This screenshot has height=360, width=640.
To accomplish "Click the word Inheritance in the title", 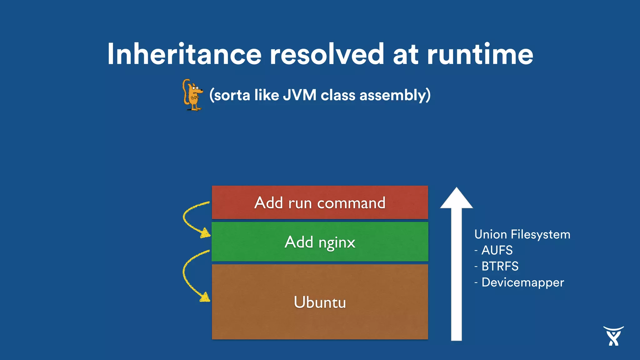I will coord(184,54).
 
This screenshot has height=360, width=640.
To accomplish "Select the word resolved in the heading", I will coord(327,54).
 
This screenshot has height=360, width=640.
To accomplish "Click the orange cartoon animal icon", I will coord(192,95).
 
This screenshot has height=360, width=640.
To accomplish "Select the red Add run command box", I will coord(320,202).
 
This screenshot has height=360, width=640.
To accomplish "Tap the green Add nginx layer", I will coord(320,242).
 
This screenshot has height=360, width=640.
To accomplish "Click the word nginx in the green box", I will coord(337,243).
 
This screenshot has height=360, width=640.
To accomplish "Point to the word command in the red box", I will coord(351,203).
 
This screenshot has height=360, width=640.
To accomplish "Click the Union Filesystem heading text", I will coord(522,234).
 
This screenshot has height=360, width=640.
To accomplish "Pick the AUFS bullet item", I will coord(497,250).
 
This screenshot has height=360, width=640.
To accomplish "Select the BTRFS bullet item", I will coord(499,266).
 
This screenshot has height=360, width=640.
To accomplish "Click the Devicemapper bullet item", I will coord(522,282).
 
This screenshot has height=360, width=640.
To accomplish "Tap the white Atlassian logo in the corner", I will coord(613,336).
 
